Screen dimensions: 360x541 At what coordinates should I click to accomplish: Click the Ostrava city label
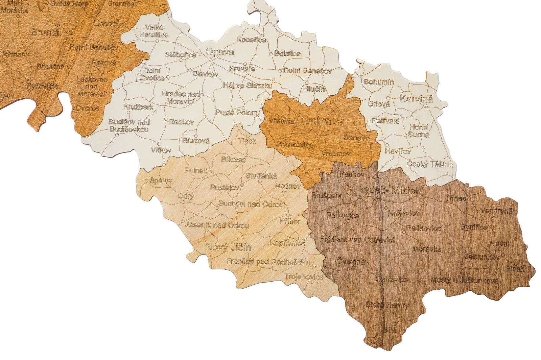coord(322,121)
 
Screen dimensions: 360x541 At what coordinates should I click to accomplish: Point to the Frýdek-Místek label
coord(389,190)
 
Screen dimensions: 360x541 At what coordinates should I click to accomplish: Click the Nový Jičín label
coord(228,247)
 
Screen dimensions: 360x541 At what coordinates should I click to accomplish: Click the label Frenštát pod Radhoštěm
coord(264,262)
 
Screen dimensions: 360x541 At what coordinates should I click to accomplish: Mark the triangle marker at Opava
coord(210,60)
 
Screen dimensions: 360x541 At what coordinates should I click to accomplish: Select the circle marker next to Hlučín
coord(306,83)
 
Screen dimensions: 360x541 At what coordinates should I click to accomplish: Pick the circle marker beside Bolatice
coord(270,54)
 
